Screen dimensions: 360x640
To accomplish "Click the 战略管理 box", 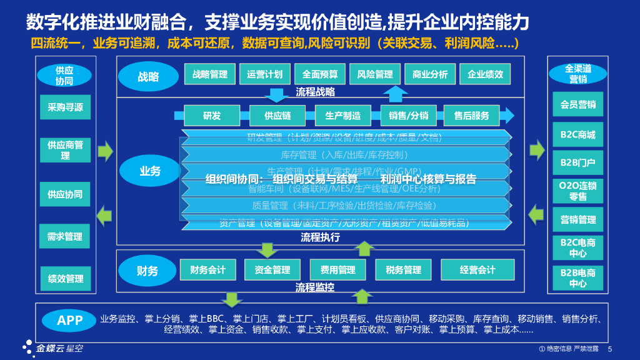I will [210, 74].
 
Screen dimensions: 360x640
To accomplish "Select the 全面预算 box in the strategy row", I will [319, 74].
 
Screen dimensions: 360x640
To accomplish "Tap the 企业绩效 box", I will [485, 74].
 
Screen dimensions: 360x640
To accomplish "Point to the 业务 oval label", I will [150, 171].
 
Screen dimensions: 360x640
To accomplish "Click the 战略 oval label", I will [148, 77].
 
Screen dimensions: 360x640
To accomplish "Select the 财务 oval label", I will [147, 271].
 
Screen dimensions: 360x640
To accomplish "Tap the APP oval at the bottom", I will [69, 321].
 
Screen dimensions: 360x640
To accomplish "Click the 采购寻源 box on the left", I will [65, 107].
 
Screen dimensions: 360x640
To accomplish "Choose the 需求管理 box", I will [65, 236].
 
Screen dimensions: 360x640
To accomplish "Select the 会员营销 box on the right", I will [577, 105].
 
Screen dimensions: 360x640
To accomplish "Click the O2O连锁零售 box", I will [577, 191].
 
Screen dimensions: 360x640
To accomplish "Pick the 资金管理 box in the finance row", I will [272, 270].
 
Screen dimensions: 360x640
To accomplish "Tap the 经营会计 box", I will [477, 270].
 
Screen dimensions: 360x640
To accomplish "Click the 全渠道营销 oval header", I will [577, 74].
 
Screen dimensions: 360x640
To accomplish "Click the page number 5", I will [610, 349].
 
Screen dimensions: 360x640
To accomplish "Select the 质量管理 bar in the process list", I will [344, 205].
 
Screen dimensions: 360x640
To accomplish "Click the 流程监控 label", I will [314, 287].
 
